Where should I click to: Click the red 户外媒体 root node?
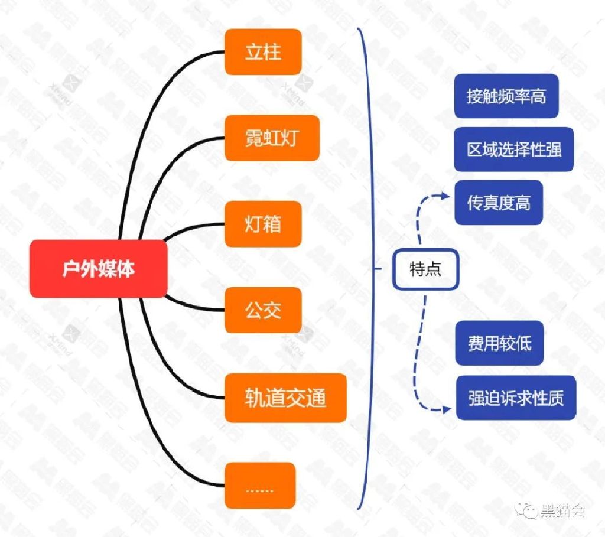99,269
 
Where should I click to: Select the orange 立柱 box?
263,52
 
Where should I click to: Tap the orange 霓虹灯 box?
272,138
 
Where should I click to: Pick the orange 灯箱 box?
263,224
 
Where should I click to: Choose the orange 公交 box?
263,311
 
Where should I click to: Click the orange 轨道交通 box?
285,398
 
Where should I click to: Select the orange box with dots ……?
260,486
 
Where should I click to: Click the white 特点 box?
425,269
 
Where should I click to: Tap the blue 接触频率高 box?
506,96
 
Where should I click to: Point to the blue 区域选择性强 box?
514,149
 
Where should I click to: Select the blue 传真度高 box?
498,203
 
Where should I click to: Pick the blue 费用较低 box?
499,343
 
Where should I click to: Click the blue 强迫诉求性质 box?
515,398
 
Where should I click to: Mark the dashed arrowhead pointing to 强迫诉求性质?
447,408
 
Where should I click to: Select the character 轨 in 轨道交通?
253,398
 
